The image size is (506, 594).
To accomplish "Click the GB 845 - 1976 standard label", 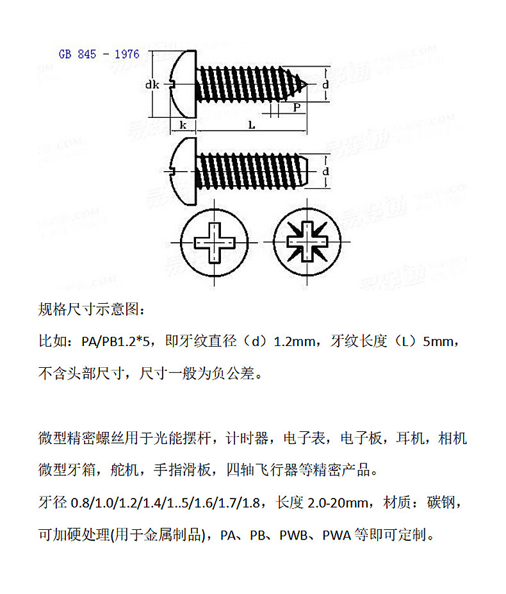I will click(99, 54).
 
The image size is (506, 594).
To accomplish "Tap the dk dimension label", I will click(151, 84).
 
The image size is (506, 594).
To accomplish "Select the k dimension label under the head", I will click(183, 125).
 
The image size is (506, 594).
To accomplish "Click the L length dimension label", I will click(252, 126).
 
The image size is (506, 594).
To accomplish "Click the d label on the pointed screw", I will click(325, 84).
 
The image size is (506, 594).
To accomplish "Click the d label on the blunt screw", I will click(325, 172).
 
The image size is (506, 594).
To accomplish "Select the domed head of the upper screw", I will click(183, 84).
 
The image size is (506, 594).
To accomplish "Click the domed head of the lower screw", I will click(183, 172).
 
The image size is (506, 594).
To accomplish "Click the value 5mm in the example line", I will click(440, 342).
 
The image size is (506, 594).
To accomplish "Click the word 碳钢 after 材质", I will click(443, 502).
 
